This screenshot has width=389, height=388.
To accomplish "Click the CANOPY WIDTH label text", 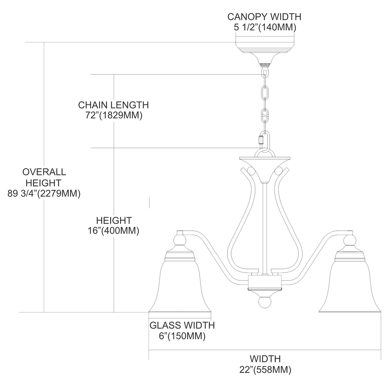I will click(264, 17).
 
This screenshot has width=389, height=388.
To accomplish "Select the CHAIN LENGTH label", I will click(113, 105).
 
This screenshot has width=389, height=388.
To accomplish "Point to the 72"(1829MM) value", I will click(114, 115).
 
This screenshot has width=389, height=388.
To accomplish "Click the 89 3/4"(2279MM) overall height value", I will click(44, 193).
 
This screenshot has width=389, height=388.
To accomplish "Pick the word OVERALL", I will click(44, 172).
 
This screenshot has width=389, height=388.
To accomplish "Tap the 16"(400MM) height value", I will click(113, 230).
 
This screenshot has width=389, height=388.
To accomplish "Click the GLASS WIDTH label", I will click(182, 325).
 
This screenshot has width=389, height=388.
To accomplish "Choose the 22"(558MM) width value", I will click(265, 369).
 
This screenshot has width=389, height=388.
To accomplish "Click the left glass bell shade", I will click(180, 288).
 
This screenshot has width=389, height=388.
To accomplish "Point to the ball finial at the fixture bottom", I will click(265, 303).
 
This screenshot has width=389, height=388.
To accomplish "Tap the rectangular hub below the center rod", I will click(265, 282).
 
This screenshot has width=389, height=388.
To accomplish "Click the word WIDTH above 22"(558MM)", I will click(265, 359).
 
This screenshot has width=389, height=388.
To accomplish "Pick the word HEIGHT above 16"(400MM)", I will click(114, 220).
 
